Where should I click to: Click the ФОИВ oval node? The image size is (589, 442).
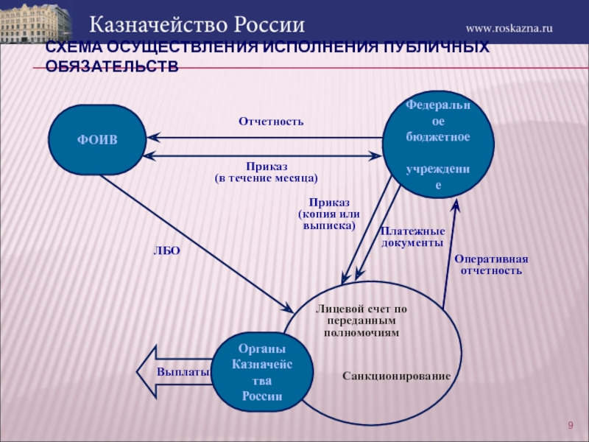97,140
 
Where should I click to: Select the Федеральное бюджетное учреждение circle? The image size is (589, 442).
438,146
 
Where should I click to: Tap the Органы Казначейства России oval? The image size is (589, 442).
263,372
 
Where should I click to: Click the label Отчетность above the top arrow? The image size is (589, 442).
271,121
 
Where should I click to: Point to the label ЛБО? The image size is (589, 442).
166,251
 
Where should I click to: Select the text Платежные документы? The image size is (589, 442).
412,236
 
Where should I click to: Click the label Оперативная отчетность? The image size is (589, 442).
491,264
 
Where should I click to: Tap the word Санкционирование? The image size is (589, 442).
396,376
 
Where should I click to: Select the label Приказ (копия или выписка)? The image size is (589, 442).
329,214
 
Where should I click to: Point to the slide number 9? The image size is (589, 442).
570,427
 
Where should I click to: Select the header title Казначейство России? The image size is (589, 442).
197,24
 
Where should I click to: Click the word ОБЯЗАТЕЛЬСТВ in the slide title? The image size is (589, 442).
112,66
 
